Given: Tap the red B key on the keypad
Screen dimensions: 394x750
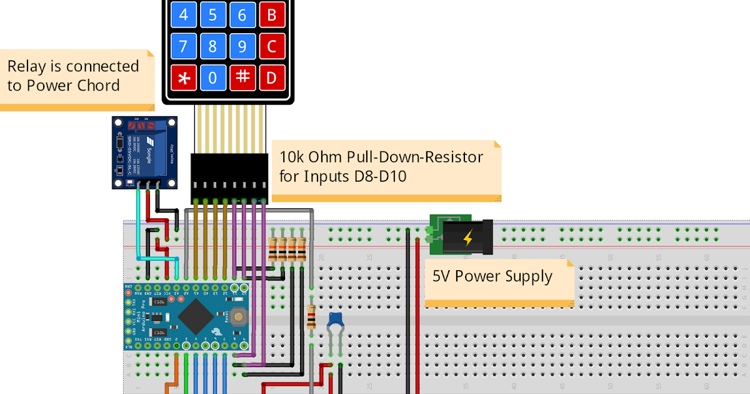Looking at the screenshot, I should [x=272, y=15].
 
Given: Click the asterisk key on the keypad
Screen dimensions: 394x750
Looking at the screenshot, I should [x=184, y=78].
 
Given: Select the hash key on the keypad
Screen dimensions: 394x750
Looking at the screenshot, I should [x=242, y=78].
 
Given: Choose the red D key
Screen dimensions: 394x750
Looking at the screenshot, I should [x=272, y=78].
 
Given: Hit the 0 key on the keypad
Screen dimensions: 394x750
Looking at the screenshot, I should [x=213, y=78].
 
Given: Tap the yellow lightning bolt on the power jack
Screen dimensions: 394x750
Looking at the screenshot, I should [x=467, y=238].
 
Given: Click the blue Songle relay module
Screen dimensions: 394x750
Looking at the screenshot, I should [x=144, y=152].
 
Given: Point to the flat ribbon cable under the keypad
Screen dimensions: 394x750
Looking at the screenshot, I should [x=231, y=128].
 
